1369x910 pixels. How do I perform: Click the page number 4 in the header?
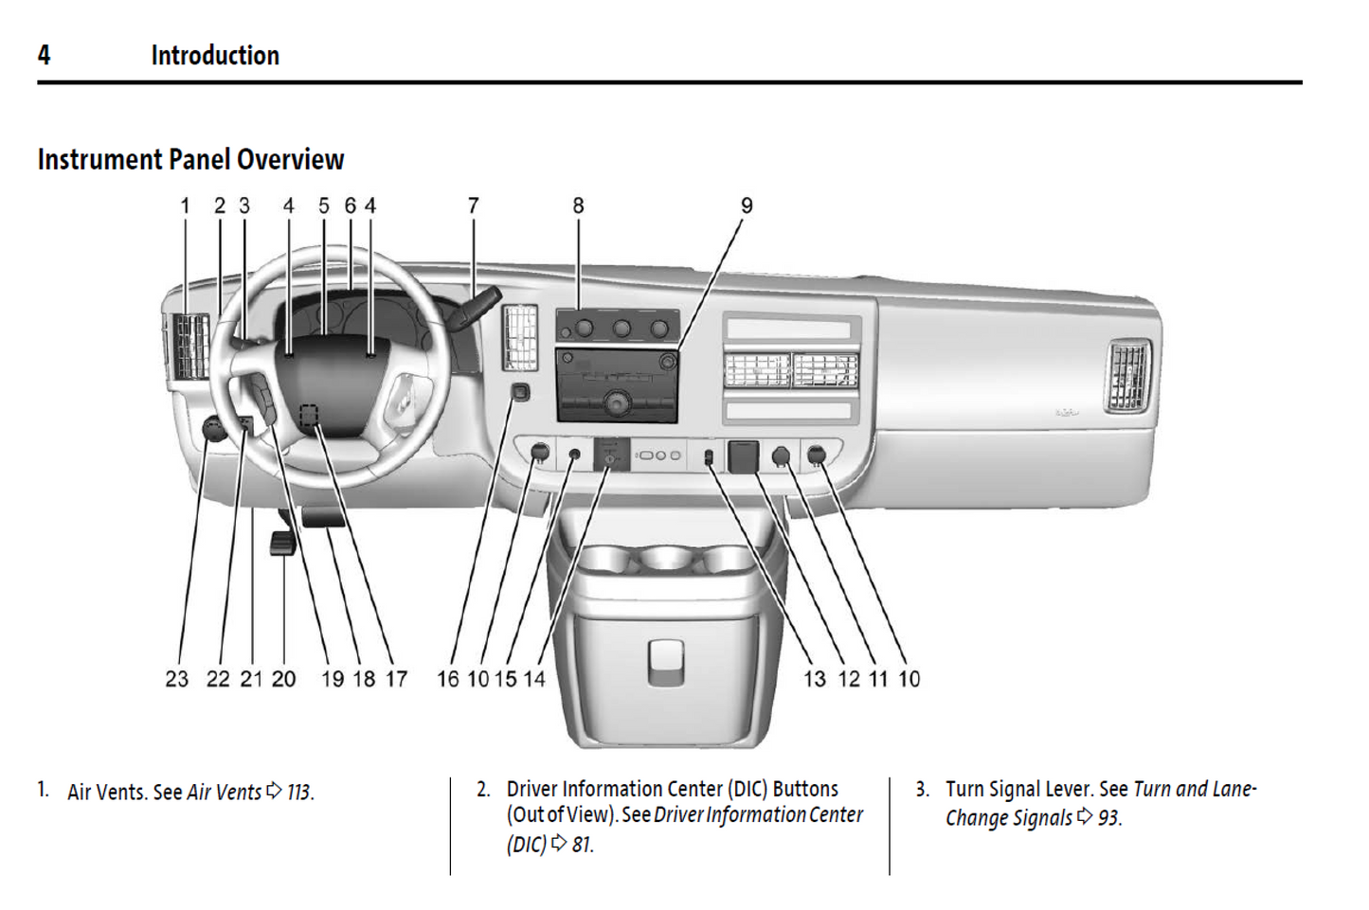click(x=44, y=55)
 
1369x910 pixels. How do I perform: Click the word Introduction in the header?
click(x=215, y=56)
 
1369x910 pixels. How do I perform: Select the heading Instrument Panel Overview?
click(x=190, y=159)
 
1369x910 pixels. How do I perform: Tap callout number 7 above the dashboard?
click(x=473, y=205)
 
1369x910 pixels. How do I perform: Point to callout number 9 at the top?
click(x=747, y=205)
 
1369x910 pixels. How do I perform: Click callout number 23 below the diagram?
click(x=176, y=679)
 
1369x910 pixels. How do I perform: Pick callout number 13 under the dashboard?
click(x=815, y=679)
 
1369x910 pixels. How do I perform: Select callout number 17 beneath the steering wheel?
click(x=396, y=679)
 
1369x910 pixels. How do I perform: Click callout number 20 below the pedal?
click(x=283, y=679)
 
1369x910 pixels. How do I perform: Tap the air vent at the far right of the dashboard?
click(x=1128, y=375)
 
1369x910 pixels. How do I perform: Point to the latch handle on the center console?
click(x=665, y=660)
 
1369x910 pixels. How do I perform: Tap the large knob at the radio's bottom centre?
click(x=617, y=404)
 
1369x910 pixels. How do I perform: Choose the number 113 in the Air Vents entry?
click(x=298, y=792)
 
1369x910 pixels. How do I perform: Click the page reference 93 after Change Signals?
click(x=1108, y=817)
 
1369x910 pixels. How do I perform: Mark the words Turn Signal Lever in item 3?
click(x=1019, y=789)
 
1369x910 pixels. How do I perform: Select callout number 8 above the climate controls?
click(x=578, y=205)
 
